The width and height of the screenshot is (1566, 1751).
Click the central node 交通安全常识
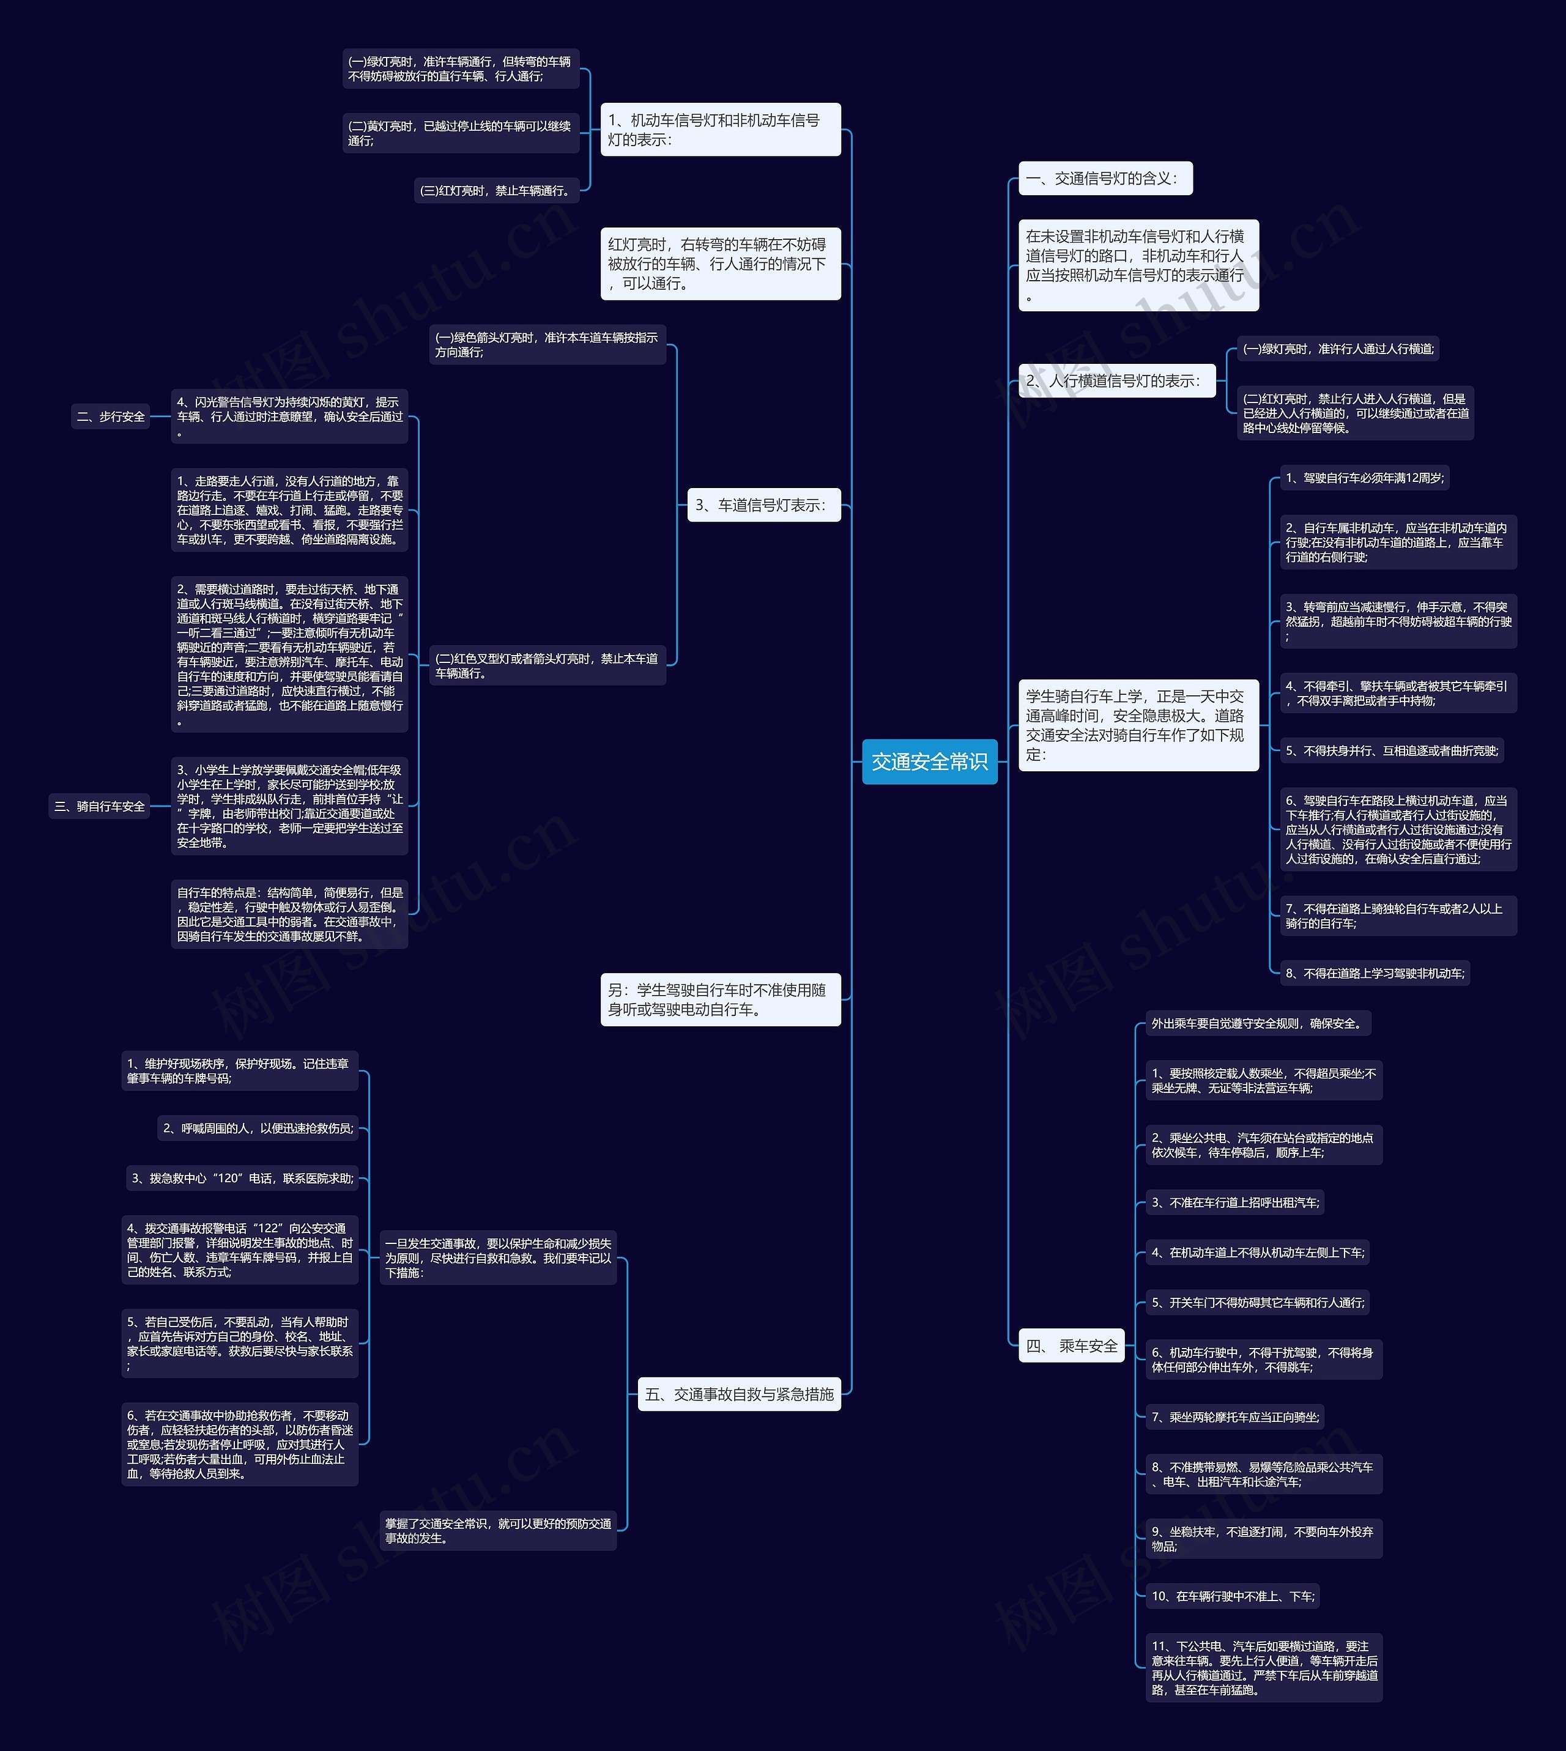tap(929, 761)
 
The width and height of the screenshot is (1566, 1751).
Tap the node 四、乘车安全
tap(1071, 1346)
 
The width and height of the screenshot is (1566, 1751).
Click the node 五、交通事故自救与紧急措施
tap(739, 1394)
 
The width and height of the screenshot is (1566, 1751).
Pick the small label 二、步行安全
tap(111, 416)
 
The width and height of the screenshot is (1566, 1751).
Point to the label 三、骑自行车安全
tap(100, 806)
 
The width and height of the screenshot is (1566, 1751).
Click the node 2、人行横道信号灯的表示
tap(1116, 380)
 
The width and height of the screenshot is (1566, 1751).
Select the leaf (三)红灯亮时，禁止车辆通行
tap(495, 190)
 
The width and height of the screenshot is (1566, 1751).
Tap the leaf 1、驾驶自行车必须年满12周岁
tap(1364, 478)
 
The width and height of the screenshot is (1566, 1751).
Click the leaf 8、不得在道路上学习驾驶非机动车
tap(1374, 973)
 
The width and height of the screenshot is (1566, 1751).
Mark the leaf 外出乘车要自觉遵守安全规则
tap(1257, 1023)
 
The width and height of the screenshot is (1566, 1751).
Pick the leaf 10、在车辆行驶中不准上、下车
tap(1232, 1596)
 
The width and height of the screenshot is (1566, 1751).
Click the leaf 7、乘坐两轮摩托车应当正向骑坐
tap(1234, 1416)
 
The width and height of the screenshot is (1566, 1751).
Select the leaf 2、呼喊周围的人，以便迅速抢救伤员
tap(258, 1128)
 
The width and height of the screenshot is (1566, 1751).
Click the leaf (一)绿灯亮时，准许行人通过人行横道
tap(1337, 349)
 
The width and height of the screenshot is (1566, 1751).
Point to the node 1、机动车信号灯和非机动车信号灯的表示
tap(720, 130)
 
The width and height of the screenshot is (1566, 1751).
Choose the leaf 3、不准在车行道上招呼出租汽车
tap(1234, 1202)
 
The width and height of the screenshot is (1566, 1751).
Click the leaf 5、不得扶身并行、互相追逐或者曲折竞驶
tap(1391, 750)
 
